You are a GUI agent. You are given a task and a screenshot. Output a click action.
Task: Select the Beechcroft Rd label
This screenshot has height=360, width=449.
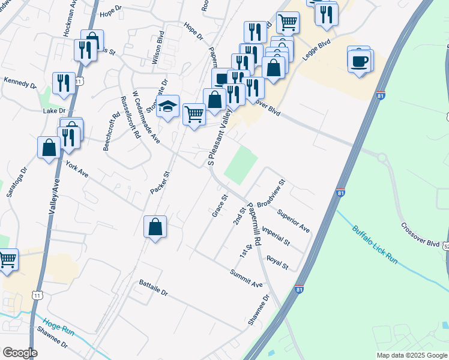112,130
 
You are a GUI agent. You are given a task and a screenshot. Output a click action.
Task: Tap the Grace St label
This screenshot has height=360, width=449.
220,206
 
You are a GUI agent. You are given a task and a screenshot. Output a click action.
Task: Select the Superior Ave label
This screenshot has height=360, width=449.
294,220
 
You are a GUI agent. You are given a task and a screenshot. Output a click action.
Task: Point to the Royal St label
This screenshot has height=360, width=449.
277,262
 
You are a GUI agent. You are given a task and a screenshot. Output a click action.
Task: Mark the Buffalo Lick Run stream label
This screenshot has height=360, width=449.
375,245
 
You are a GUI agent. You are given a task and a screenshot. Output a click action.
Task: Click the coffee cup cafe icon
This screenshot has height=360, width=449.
360,61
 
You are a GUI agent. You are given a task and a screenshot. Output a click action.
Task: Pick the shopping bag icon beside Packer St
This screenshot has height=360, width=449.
155,227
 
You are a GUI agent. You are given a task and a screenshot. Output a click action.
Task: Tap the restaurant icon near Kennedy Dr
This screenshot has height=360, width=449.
63,83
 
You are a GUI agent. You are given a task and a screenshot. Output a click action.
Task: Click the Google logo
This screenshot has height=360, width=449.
20,353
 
